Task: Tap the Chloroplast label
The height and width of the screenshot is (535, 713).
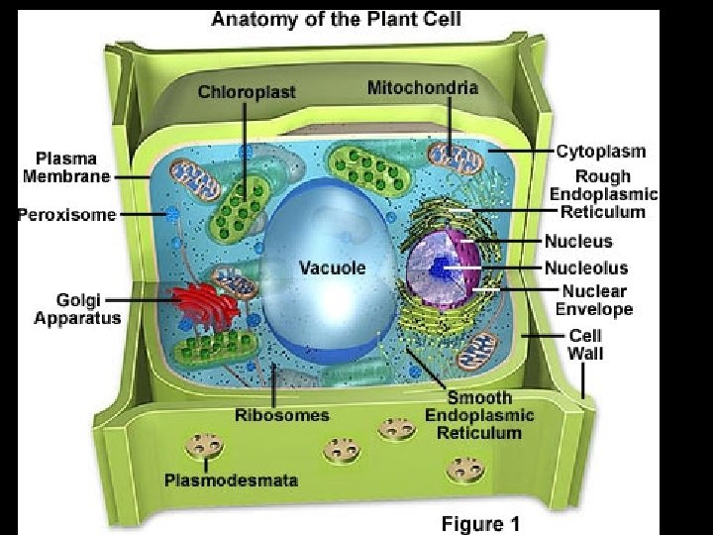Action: pyautogui.click(x=247, y=92)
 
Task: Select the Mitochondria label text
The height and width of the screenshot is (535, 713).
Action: pyautogui.click(x=422, y=87)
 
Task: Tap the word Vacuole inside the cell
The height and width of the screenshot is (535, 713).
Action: pyautogui.click(x=332, y=267)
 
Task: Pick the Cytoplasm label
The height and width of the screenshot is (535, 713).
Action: pyautogui.click(x=600, y=152)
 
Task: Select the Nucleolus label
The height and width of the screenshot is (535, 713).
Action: pyautogui.click(x=585, y=267)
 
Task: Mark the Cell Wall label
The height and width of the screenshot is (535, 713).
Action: pyautogui.click(x=584, y=344)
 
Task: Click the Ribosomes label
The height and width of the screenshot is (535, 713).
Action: pyautogui.click(x=282, y=414)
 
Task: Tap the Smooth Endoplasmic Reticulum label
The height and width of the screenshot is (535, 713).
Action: pyautogui.click(x=479, y=415)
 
